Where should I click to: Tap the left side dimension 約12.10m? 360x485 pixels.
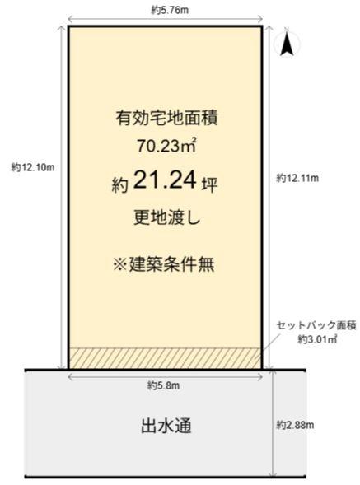[32, 167]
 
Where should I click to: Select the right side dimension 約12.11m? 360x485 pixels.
[298, 178]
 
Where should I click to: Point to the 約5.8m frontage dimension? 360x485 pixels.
[165, 384]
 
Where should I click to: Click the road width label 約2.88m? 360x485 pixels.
[297, 425]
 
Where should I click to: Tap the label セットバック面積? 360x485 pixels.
[316, 325]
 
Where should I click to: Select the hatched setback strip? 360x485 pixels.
[165, 358]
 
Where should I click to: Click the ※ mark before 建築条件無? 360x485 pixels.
[117, 264]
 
